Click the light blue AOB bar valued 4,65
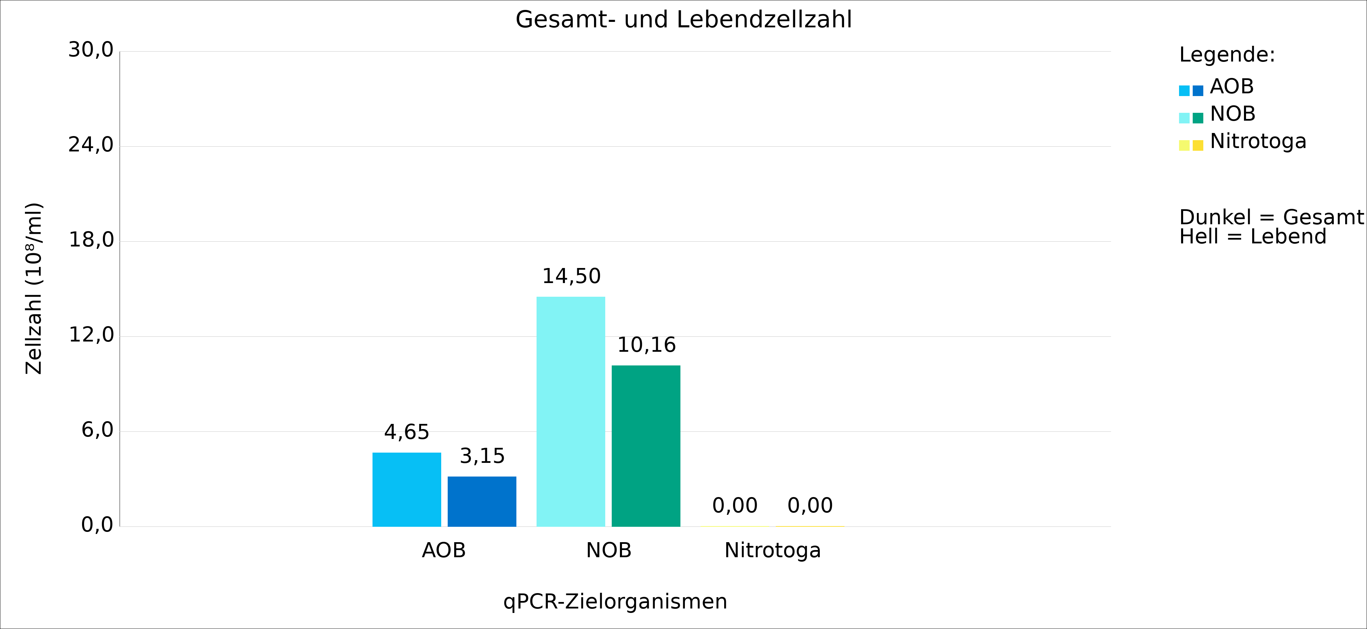coord(406,490)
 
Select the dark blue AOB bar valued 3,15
coord(482,501)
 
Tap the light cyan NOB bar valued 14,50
coord(570,411)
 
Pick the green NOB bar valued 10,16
coord(646,446)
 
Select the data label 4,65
coord(406,432)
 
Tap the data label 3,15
coord(482,456)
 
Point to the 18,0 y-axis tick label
coord(91,240)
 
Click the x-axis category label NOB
coord(609,550)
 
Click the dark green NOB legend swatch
coord(1198,118)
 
